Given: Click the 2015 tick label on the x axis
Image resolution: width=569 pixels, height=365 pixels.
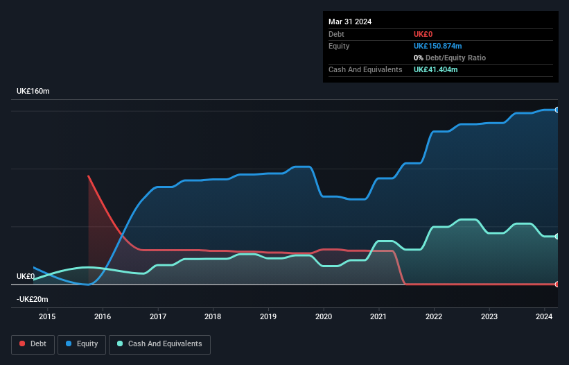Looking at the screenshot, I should pos(47,317).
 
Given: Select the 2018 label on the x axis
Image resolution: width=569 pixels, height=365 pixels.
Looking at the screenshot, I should pos(213,317).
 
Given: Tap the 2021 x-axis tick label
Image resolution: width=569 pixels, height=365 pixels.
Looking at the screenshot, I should pos(378,317).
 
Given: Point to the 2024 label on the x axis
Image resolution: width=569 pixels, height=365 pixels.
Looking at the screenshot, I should pos(544,317).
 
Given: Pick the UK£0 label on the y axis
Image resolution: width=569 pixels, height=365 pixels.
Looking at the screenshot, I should pos(26,276).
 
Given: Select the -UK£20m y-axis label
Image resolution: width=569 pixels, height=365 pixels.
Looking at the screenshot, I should pos(33,299).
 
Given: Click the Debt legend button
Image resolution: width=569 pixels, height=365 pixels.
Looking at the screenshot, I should pos(33,343).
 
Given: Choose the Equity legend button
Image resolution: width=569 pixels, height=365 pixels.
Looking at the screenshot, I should pos(82,343).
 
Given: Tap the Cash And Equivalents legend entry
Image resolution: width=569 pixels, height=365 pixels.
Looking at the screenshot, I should pos(159,343).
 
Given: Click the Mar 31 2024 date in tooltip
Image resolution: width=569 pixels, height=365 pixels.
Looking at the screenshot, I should pos(350,22).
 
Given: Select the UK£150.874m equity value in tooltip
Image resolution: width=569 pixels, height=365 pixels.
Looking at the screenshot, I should pos(437,46).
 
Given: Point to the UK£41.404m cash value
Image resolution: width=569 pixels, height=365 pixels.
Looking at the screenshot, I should pos(435,69).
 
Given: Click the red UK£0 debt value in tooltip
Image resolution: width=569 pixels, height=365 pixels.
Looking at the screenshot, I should pos(423,34).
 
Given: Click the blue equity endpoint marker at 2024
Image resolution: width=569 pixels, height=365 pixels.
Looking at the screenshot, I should pos(557,110).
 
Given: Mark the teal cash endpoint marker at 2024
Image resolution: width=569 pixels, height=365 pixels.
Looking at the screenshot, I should pos(557,237).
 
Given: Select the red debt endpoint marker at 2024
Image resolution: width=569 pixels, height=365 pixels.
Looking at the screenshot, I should pos(557,284).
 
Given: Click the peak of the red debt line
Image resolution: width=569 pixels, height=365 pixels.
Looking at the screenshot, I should pos(89,176).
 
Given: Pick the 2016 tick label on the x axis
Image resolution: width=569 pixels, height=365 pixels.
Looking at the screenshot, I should pos(103,317).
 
